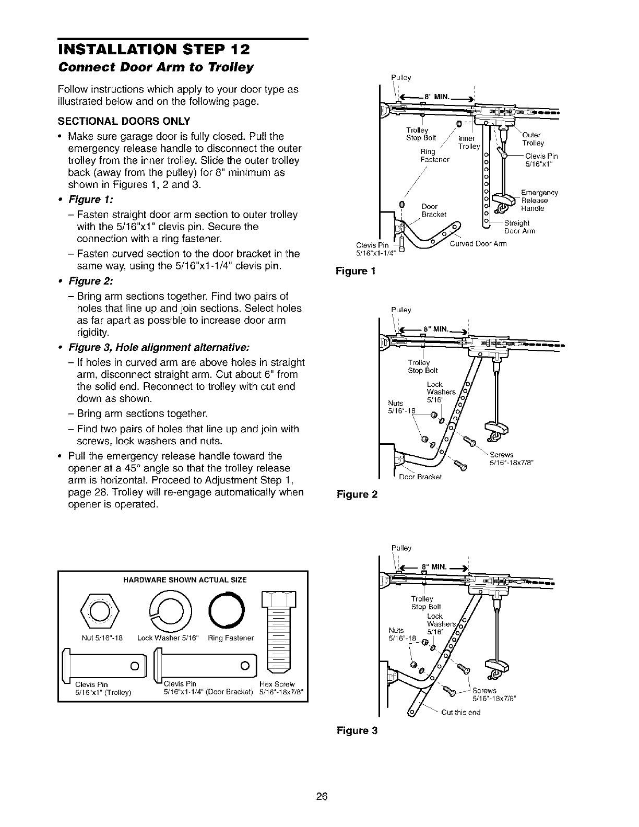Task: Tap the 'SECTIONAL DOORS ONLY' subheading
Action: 124,122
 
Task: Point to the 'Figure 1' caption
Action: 355,271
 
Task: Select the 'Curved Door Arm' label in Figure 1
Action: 478,243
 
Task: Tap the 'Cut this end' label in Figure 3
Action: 461,712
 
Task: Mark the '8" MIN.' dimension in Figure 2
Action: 435,329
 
